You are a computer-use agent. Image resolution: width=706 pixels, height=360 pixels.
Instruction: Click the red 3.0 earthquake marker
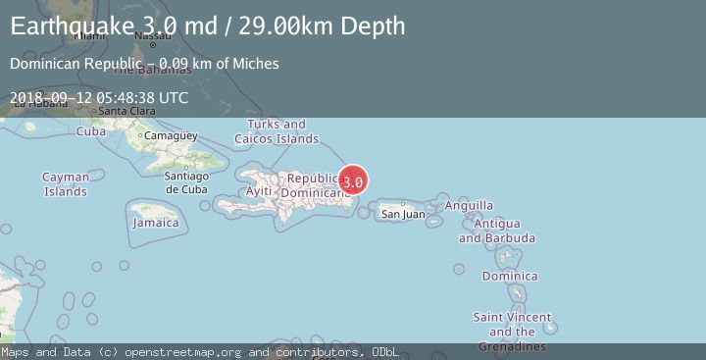(x=353, y=181)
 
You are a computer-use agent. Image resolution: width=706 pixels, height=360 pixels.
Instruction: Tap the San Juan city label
(x=403, y=214)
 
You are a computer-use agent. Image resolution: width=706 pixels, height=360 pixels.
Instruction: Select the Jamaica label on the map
(x=157, y=223)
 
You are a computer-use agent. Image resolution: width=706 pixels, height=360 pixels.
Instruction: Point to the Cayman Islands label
(x=66, y=184)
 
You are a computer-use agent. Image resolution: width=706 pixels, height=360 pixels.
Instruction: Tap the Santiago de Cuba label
(x=185, y=182)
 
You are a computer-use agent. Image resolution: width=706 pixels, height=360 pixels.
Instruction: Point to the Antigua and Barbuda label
(x=496, y=231)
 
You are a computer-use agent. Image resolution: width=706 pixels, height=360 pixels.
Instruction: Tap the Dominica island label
(x=509, y=276)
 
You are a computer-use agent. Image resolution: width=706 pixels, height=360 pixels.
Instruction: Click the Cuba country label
(x=91, y=131)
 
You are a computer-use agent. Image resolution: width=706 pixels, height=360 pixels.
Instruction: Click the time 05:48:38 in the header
(x=132, y=98)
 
